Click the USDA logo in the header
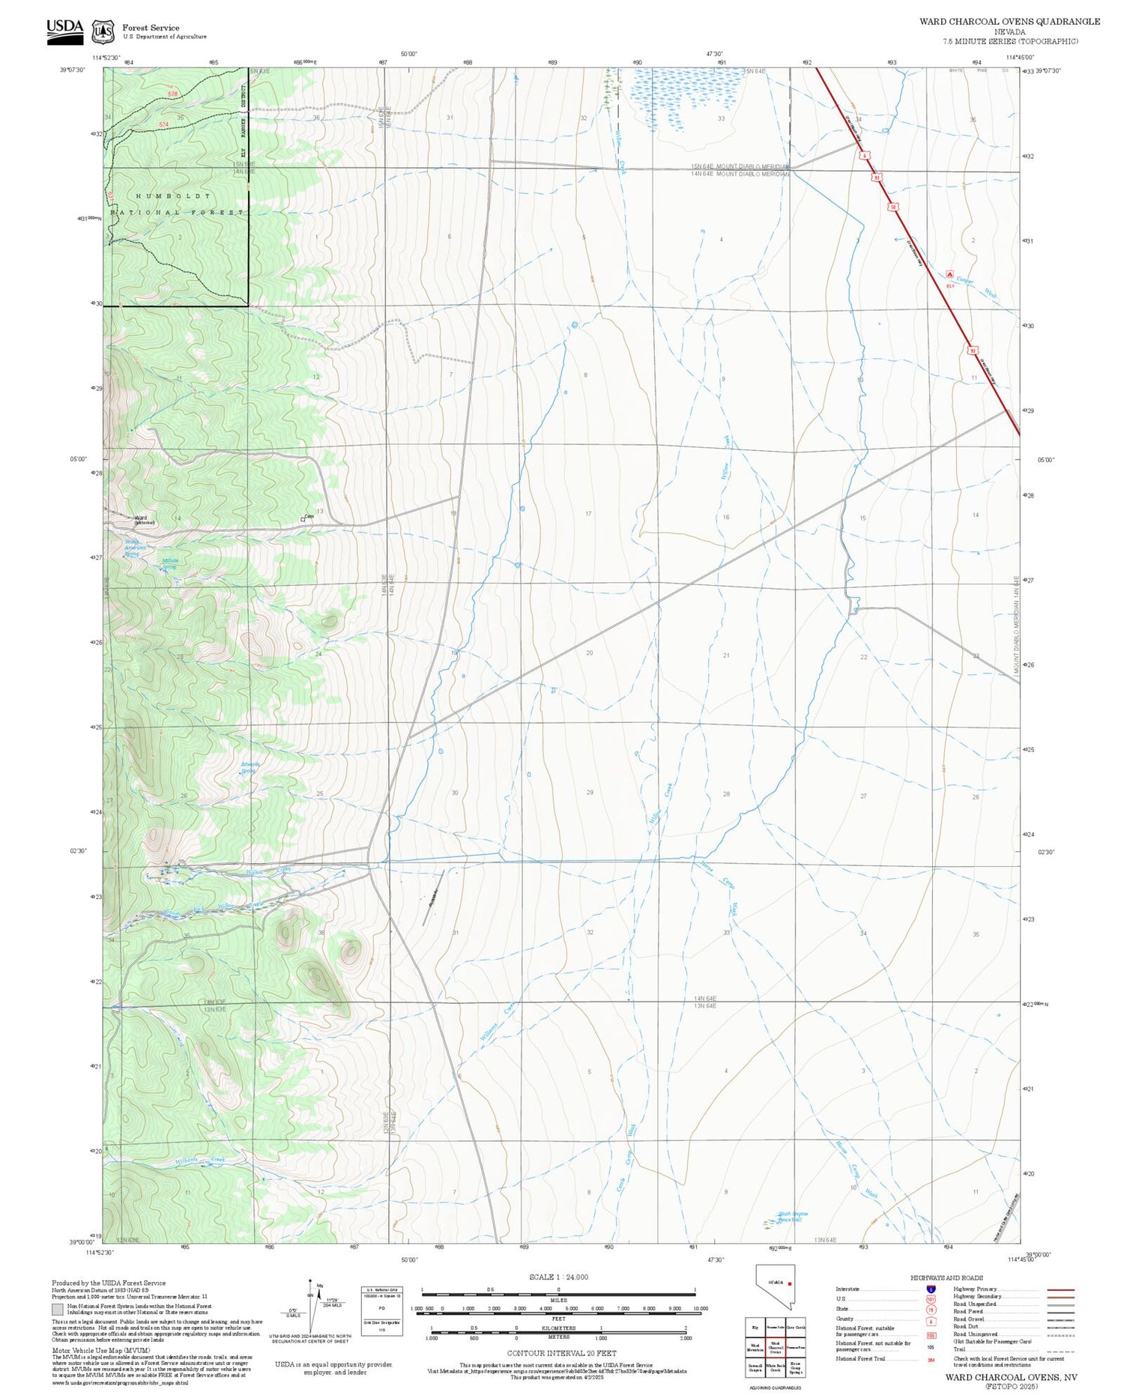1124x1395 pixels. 64,31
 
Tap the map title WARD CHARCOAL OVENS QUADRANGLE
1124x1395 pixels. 1009,21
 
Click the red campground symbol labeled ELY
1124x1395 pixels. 950,274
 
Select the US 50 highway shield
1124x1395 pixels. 892,206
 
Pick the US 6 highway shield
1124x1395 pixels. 865,155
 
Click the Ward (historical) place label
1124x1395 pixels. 142,519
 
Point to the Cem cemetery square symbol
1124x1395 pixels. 303,518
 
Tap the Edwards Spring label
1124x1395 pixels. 250,767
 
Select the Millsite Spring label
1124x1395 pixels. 170,563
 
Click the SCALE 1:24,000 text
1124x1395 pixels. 558,1277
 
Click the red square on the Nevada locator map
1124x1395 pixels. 789,1283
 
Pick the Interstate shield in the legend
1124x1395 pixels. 930,1289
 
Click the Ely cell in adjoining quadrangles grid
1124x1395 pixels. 755,1327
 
